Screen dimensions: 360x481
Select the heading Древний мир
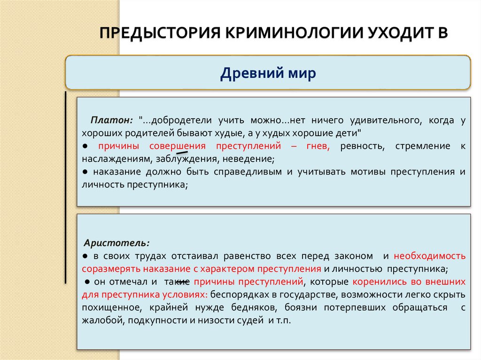pyautogui.click(x=268, y=74)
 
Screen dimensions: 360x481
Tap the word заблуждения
pyautogui.click(x=190, y=159)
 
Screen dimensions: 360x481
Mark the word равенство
pyautogui.click(x=249, y=257)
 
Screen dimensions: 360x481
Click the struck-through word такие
pyautogui.click(x=177, y=282)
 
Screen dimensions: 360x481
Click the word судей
pyautogui.click(x=255, y=321)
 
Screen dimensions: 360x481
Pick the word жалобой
pyautogui.click(x=100, y=321)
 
